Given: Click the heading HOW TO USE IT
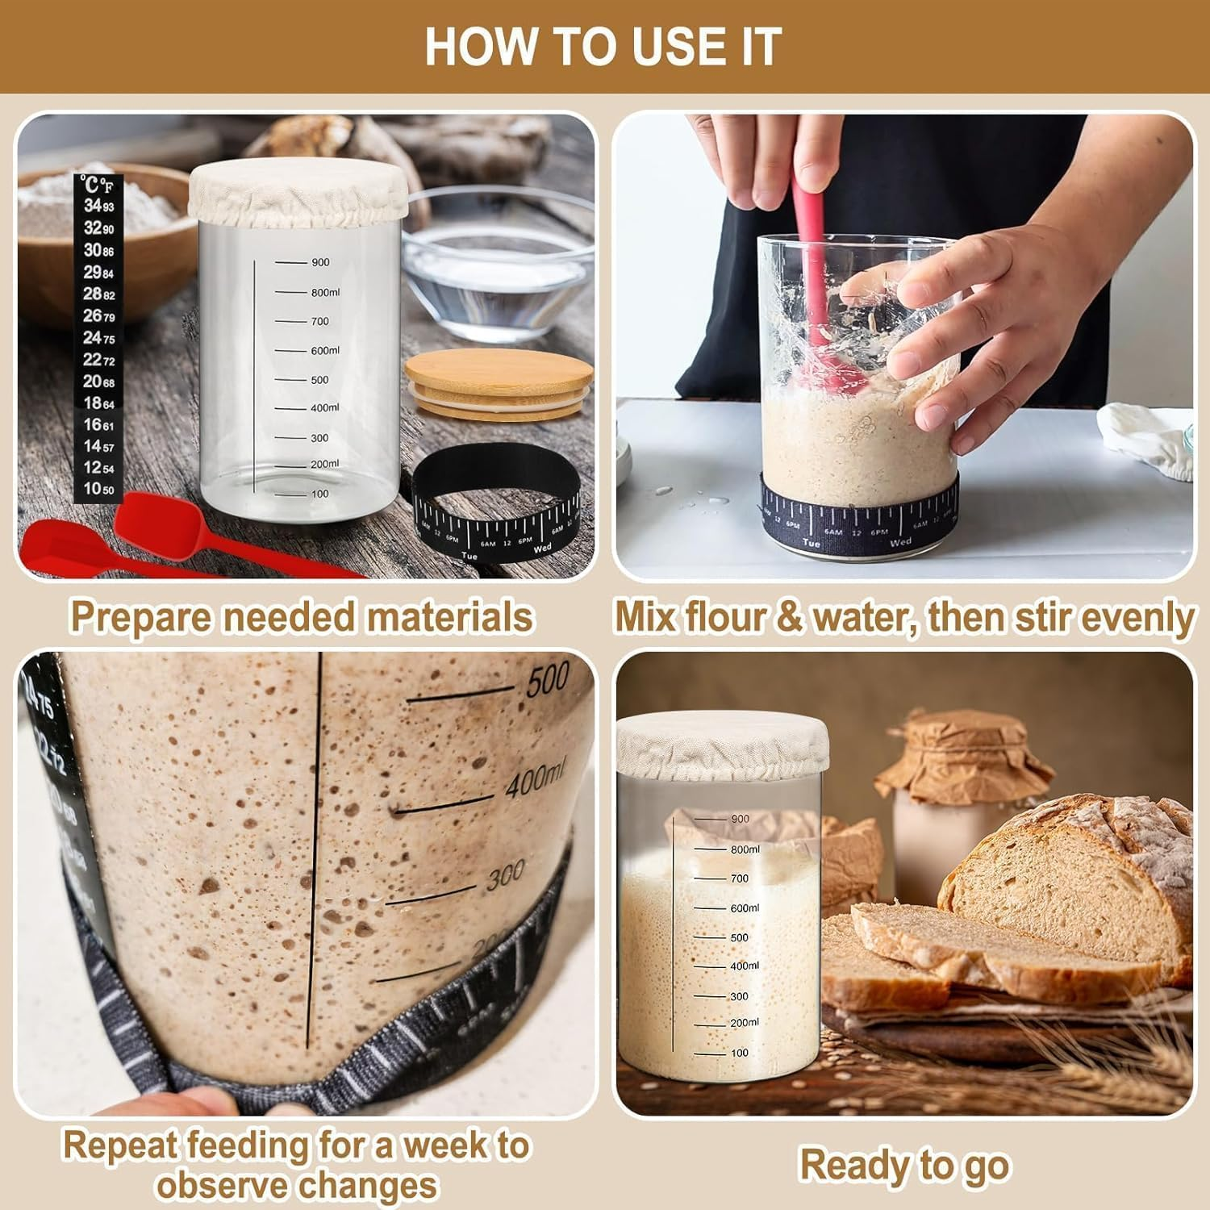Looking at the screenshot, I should [603, 47].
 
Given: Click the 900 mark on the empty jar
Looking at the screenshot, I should [319, 262].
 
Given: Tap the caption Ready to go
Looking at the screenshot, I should [903, 1165].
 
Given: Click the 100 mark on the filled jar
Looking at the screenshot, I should [739, 1053].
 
